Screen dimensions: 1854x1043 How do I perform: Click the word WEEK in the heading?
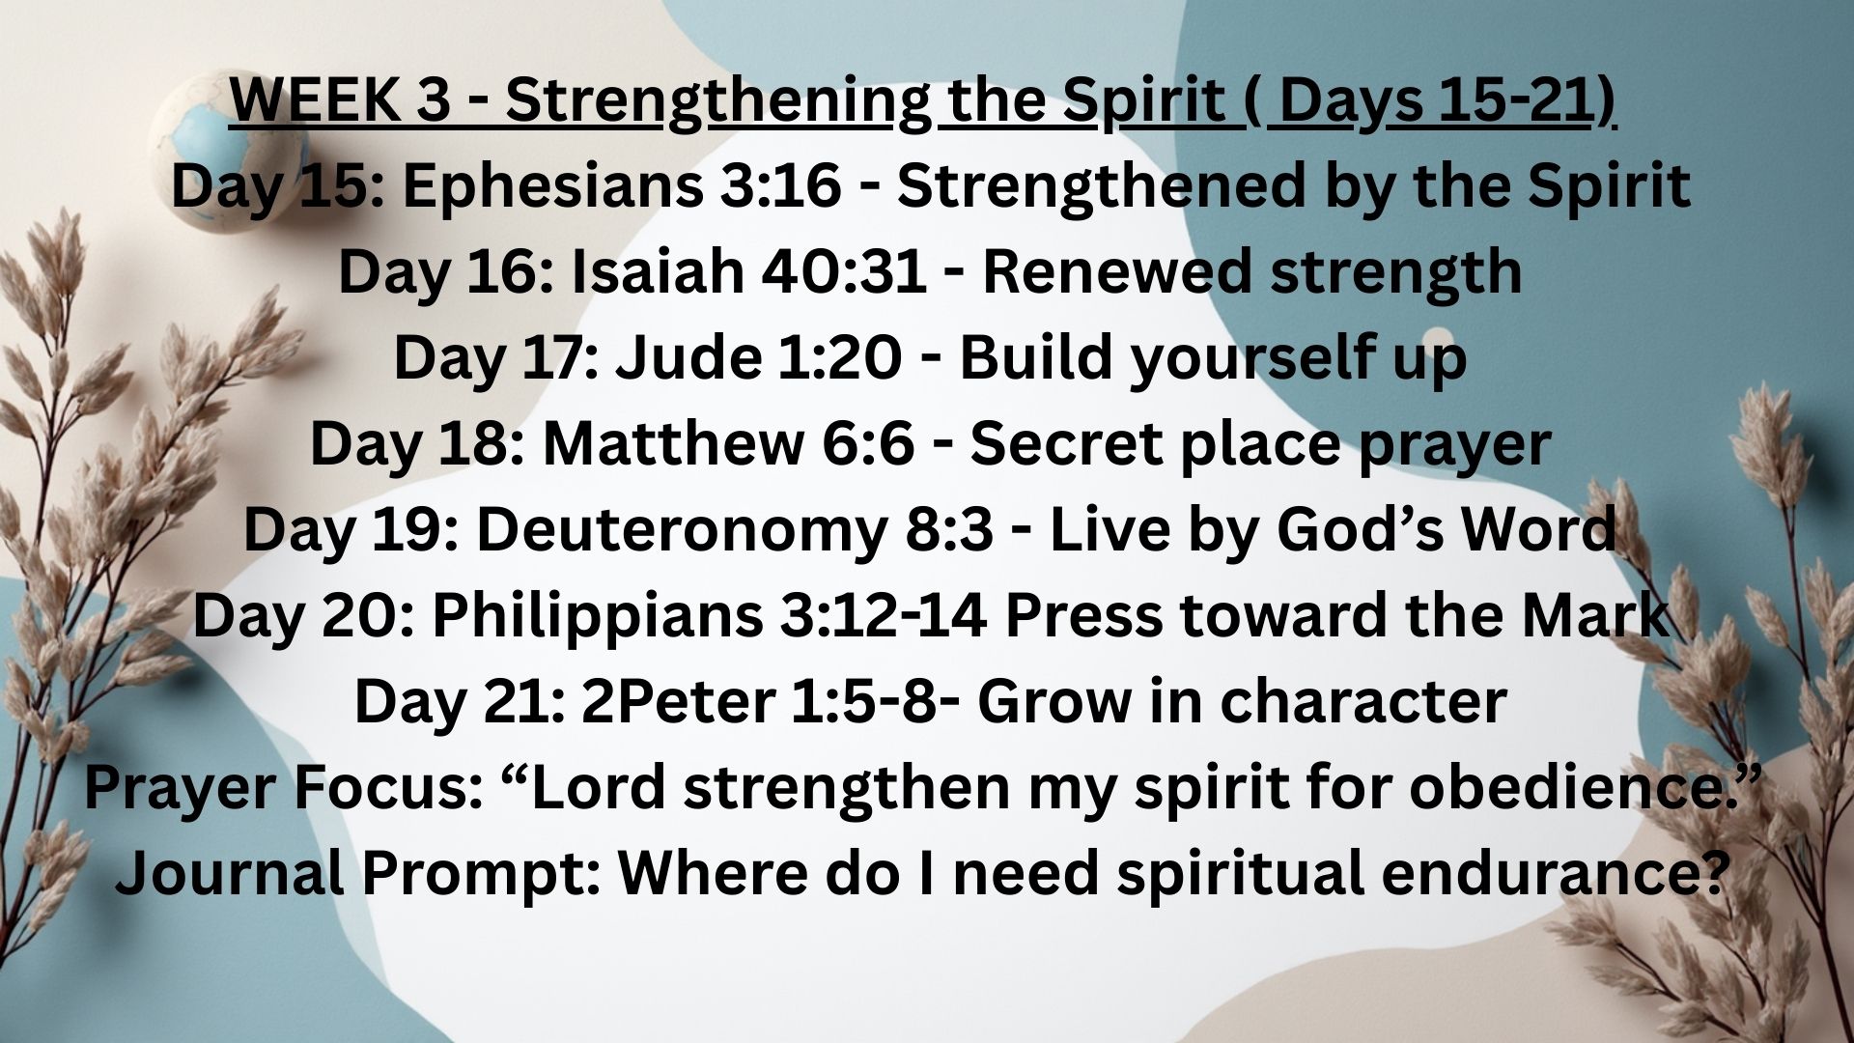click(314, 100)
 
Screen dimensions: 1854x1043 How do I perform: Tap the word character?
click(1362, 702)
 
